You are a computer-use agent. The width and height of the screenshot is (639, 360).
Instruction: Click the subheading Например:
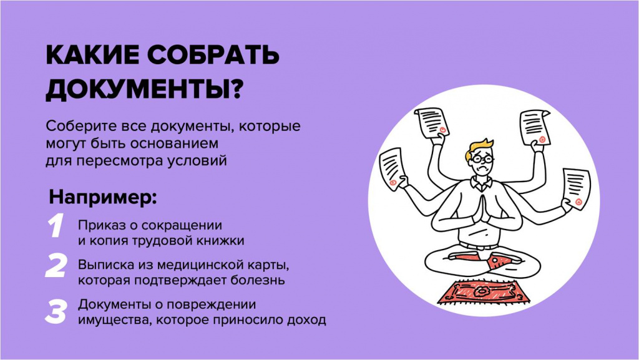click(x=103, y=197)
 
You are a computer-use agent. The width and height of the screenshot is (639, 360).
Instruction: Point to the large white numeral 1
click(x=56, y=226)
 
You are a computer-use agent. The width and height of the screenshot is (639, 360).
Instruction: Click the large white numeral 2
click(x=56, y=266)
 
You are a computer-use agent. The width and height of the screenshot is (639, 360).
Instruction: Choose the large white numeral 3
click(x=56, y=311)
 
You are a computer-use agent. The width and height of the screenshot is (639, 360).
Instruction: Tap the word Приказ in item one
click(x=98, y=226)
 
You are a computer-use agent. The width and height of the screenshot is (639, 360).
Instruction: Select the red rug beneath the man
click(x=484, y=292)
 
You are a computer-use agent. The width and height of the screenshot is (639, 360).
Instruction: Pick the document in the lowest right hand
click(x=576, y=188)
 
